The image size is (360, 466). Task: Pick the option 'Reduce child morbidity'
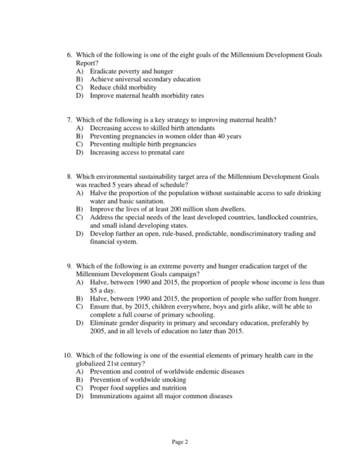[x=123, y=88]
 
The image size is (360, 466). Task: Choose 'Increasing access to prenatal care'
[x=141, y=153]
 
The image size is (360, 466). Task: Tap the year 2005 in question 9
[x=98, y=331]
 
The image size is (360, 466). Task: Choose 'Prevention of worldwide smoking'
[x=137, y=380]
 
